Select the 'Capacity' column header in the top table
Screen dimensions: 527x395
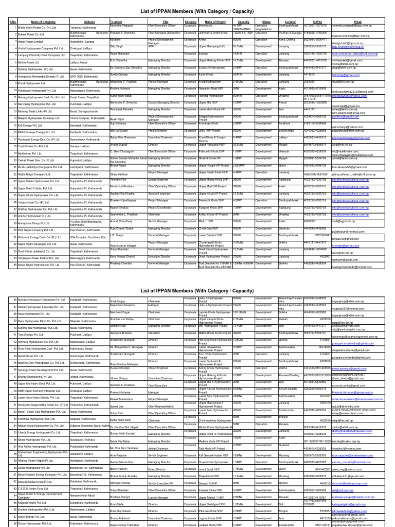coord(243,22)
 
